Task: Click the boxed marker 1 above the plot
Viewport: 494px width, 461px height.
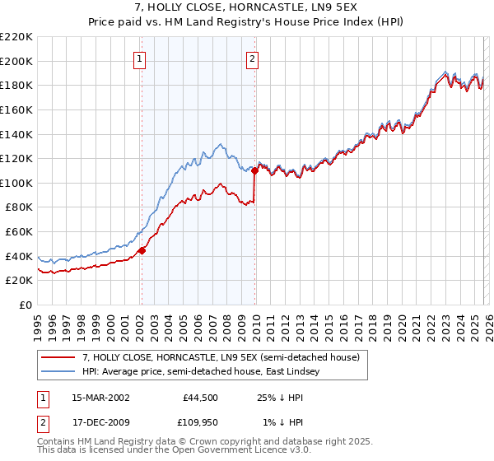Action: pyautogui.click(x=140, y=58)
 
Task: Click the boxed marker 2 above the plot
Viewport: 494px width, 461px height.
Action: pyautogui.click(x=251, y=58)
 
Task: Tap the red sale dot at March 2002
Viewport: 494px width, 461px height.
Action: pyautogui.click(x=142, y=251)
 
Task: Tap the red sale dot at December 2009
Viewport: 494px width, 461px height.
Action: pyautogui.click(x=255, y=171)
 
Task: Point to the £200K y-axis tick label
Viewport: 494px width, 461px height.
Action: pyautogui.click(x=16, y=61)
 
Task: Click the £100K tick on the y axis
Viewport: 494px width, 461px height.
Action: pyautogui.click(x=16, y=183)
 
